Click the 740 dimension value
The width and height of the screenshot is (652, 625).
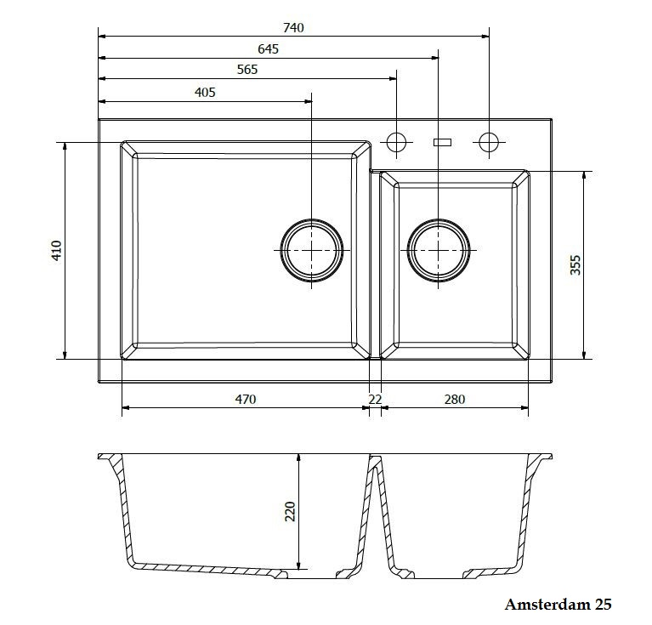pos(293,27)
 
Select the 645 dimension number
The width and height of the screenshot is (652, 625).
pos(268,49)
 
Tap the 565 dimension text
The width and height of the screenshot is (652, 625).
pos(247,69)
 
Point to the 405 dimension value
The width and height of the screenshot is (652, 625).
pos(205,92)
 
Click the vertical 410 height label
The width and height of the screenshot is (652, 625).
pos(56,250)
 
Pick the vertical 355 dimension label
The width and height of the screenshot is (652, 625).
pos(575,265)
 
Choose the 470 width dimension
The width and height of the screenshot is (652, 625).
pos(246,399)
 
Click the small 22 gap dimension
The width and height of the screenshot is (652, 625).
pos(375,399)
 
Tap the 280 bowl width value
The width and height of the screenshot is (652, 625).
pos(455,399)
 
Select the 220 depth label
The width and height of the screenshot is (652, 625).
pos(290,511)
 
